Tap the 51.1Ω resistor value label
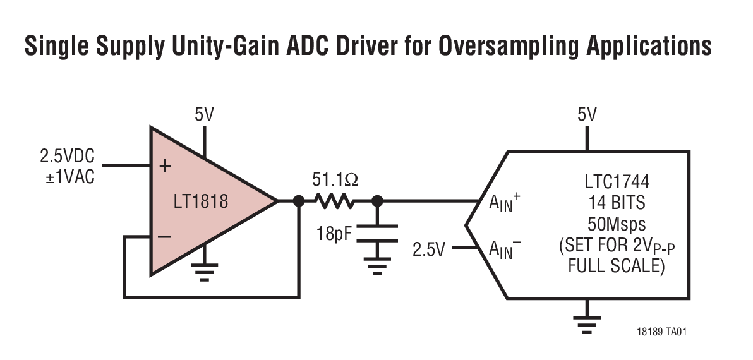click(335, 180)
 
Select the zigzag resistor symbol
click(335, 201)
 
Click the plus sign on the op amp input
click(165, 166)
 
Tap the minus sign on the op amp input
click(164, 237)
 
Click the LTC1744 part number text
click(616, 183)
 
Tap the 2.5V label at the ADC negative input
click(429, 249)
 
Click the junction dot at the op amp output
click(298, 201)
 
